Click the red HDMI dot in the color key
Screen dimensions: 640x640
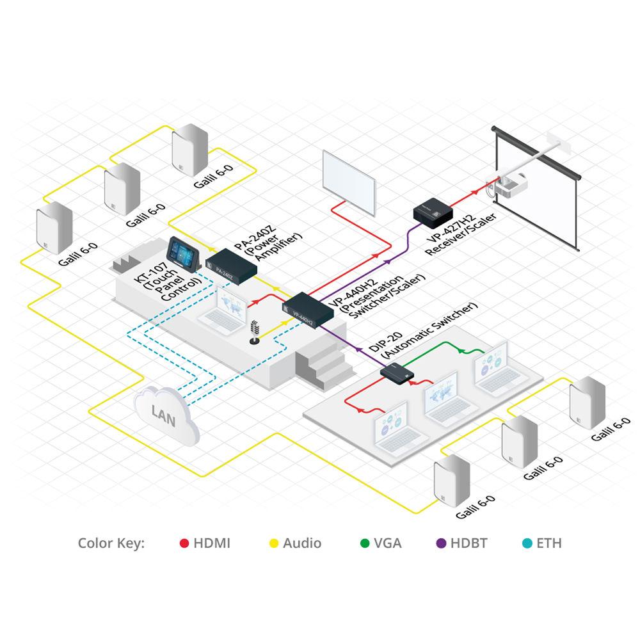[184, 544]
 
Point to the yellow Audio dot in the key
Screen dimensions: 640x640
[273, 544]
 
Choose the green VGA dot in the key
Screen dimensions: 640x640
[365, 544]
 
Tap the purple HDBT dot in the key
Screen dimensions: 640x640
[441, 544]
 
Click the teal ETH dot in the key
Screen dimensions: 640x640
[527, 544]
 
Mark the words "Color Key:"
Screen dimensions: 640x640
[111, 544]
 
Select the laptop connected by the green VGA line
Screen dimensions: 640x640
[492, 369]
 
